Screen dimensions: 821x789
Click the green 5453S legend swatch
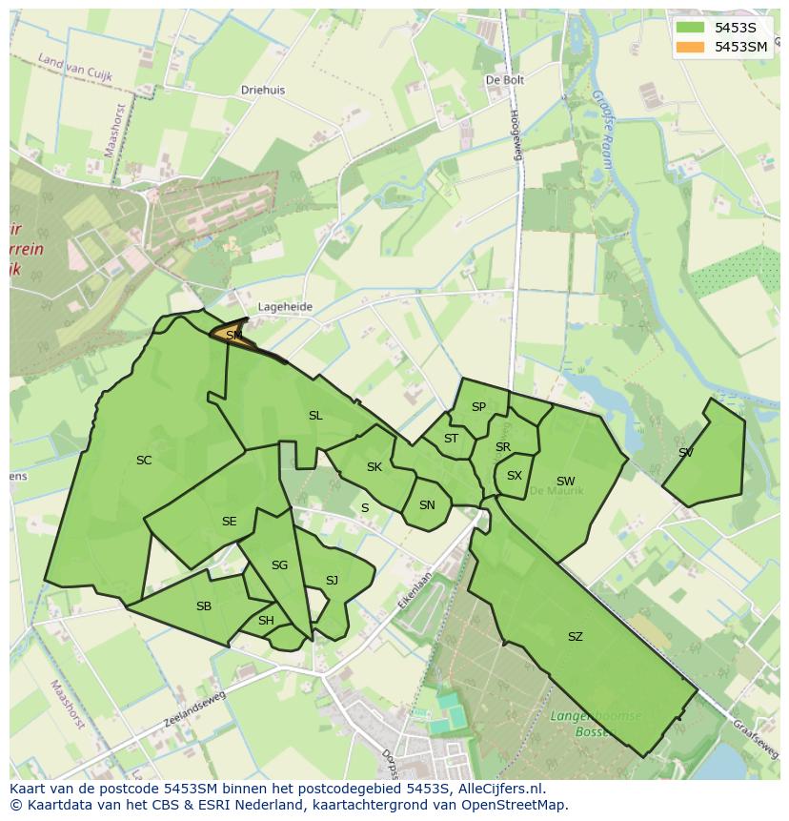[x=691, y=27]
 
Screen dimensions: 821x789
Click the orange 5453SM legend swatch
[x=691, y=47]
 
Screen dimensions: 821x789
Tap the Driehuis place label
[x=263, y=91]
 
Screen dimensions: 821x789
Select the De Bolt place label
[x=505, y=81]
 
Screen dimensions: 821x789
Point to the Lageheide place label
[x=285, y=307]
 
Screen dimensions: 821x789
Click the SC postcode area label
[x=144, y=461]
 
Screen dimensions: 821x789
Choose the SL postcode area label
[x=315, y=416]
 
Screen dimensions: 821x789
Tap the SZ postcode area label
[x=575, y=637]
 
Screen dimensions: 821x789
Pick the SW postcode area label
[x=566, y=482]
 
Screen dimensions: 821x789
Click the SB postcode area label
[x=204, y=606]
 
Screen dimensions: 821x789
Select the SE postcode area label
[x=229, y=522]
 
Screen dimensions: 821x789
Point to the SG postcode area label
[x=279, y=565]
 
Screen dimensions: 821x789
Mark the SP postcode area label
[x=478, y=407]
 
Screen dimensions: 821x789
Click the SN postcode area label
[x=427, y=505]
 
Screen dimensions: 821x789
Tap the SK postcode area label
[x=374, y=467]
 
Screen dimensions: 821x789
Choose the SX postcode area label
[x=515, y=476]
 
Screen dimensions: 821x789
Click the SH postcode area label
[x=266, y=621]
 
